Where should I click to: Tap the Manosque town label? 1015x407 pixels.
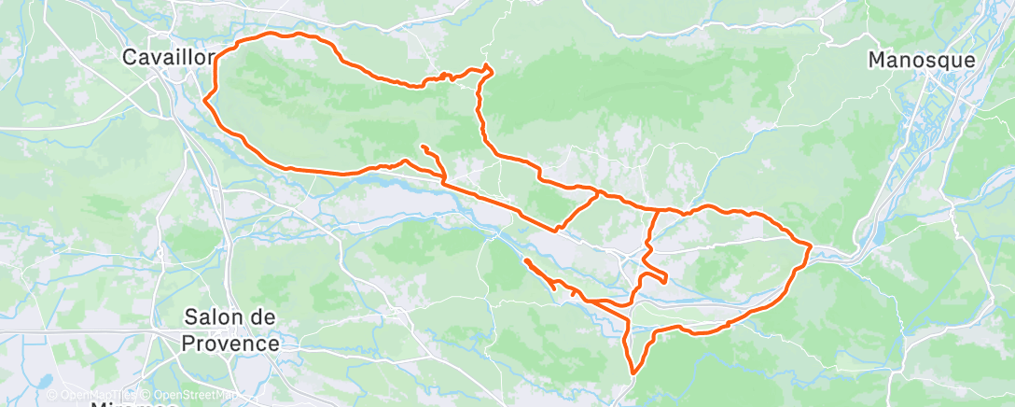[x=922, y=61]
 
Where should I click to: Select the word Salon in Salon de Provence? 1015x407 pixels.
[x=216, y=318]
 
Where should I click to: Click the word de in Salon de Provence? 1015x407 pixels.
[x=262, y=318]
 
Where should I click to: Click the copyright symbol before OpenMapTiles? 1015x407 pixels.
[x=52, y=395]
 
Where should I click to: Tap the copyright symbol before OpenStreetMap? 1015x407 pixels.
[x=147, y=395]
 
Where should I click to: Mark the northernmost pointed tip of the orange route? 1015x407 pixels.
[x=488, y=65]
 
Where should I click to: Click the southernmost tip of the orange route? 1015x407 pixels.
[x=633, y=374]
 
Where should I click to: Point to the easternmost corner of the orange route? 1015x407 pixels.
[x=811, y=246]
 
